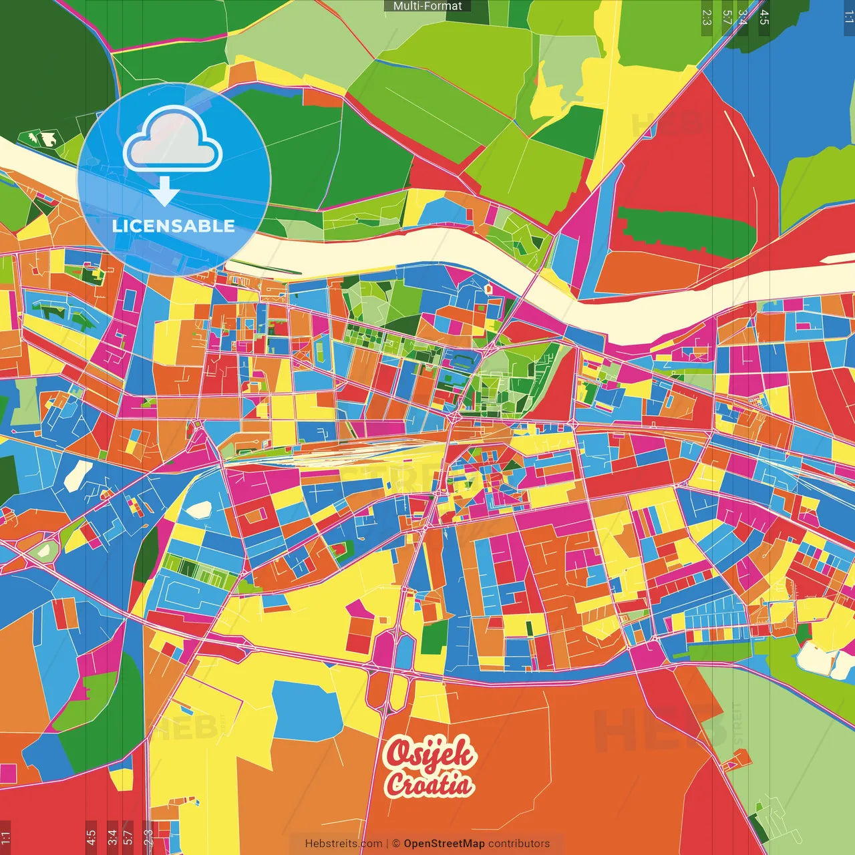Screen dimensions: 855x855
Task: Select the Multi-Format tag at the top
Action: [427, 6]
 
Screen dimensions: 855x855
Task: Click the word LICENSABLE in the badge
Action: [174, 226]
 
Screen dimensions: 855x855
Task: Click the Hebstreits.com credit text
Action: [343, 844]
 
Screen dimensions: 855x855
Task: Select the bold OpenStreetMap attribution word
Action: [444, 844]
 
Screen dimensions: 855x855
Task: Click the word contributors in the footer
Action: [519, 844]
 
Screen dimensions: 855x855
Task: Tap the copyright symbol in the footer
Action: [395, 844]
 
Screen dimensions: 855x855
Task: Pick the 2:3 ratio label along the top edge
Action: [707, 17]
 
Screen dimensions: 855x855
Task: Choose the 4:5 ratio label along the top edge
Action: [764, 17]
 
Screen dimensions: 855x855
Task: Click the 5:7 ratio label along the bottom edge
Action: [128, 836]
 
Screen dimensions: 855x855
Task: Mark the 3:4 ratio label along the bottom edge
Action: [112, 836]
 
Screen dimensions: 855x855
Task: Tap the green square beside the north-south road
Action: [434, 637]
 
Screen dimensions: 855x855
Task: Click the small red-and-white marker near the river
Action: [488, 289]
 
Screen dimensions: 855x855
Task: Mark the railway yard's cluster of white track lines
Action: [347, 454]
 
